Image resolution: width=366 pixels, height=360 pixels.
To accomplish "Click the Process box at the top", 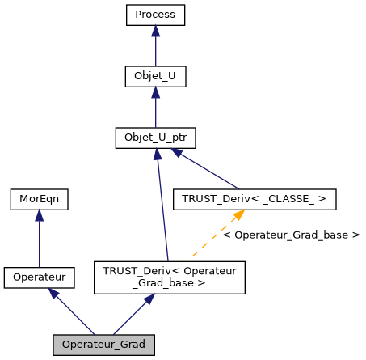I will pos(155,15).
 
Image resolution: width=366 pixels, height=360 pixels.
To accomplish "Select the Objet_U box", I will pos(155,77).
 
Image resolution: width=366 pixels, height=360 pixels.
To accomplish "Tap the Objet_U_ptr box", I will pos(155,138).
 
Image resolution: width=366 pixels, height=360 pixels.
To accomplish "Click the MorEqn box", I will pos(39,197).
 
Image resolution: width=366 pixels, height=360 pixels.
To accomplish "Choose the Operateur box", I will pos(39,277).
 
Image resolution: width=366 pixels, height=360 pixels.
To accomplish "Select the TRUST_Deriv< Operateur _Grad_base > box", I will pos(170,277).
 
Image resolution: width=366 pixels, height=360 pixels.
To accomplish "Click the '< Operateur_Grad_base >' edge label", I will pos(291,235).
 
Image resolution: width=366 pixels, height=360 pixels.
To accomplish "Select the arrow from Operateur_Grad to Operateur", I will pos(72,312).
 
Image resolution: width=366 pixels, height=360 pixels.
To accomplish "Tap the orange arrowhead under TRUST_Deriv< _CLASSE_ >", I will pos(240,214).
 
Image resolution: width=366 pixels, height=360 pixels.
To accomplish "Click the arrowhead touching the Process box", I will pos(155,31).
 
